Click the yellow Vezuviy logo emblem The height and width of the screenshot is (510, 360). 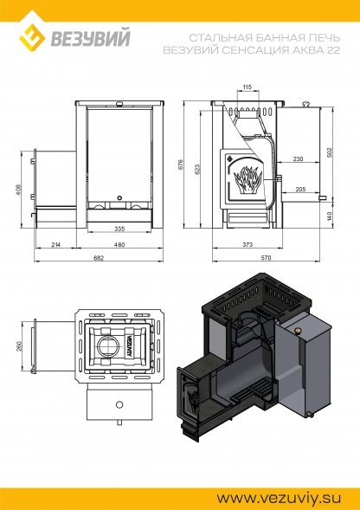click(32, 37)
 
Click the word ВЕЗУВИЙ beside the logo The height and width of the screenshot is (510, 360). click(90, 38)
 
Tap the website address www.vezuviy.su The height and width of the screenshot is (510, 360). click(279, 498)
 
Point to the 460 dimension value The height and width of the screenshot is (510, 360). click(119, 245)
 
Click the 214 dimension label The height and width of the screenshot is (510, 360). click(56, 245)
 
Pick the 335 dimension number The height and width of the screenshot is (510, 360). click(119, 229)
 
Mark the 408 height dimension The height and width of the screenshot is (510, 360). click(18, 190)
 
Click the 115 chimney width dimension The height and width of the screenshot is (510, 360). click(247, 87)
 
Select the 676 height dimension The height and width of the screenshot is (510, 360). click(181, 165)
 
